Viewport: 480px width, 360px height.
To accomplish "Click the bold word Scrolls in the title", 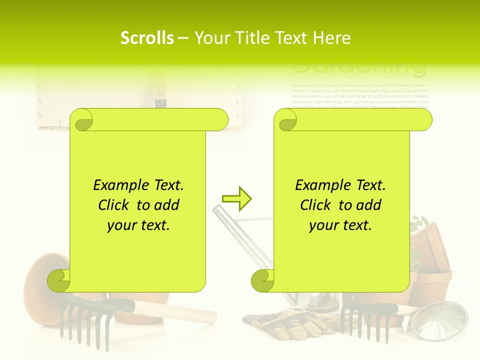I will (147, 38).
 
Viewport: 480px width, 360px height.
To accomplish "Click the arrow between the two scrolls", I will (236, 198).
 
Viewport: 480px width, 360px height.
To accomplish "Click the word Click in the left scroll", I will (115, 205).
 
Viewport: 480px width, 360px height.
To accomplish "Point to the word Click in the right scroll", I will (317, 205).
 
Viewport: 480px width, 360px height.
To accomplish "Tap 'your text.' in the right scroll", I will (340, 225).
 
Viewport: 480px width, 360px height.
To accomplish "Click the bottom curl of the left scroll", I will (59, 281).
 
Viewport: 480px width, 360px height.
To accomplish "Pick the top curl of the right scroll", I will (286, 120).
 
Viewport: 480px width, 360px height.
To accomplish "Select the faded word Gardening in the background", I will (358, 67).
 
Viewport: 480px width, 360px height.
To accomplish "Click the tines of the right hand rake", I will (362, 322).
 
